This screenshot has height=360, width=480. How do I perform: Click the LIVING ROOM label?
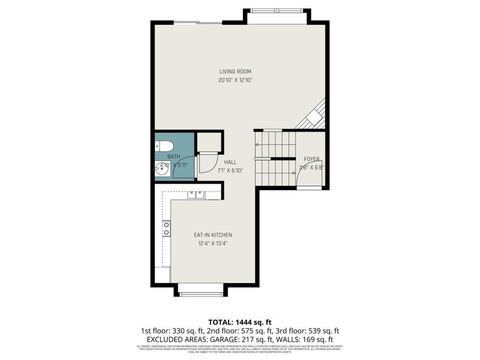click(x=235, y=71)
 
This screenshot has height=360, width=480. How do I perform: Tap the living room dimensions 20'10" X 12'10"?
click(x=235, y=80)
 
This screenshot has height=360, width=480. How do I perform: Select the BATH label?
click(x=174, y=157)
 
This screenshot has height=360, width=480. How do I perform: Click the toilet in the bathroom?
click(x=164, y=146)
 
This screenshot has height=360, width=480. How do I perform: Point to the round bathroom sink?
click(x=161, y=169)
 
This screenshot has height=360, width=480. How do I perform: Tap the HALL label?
click(x=230, y=162)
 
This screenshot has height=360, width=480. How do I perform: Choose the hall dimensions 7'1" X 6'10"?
click(x=230, y=170)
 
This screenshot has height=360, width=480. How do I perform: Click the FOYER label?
click(x=311, y=159)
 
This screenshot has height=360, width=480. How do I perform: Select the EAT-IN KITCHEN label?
click(x=213, y=235)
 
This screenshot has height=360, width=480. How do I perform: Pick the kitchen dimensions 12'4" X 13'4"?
click(x=213, y=243)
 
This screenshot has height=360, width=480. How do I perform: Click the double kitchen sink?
click(x=196, y=194)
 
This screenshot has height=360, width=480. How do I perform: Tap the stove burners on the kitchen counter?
click(x=166, y=228)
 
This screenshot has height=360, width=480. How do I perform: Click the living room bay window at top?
click(x=277, y=11)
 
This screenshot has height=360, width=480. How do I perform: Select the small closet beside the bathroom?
click(x=209, y=143)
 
